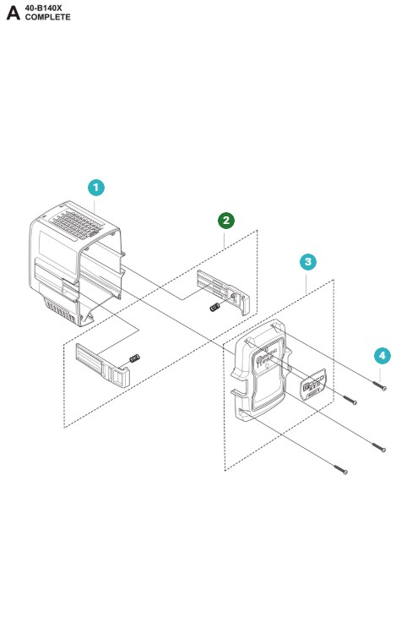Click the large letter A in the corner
(13, 13)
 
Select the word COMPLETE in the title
(47, 17)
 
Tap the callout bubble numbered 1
(96, 188)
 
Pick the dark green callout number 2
(226, 221)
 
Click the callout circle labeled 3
(308, 262)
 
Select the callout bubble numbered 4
(382, 355)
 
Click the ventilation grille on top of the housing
(77, 224)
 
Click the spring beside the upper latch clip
(214, 307)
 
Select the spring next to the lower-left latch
(134, 358)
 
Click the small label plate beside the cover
(313, 385)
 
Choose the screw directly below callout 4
(379, 385)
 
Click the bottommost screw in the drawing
(341, 469)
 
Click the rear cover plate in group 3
(261, 371)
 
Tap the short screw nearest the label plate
(350, 400)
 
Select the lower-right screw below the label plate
(379, 447)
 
